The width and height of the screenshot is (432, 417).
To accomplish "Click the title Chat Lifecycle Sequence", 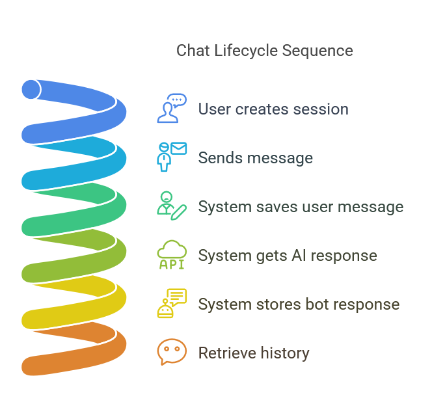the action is [265, 51].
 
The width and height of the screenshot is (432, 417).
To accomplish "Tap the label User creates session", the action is [273, 109].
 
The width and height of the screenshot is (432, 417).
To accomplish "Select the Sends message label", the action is [256, 158].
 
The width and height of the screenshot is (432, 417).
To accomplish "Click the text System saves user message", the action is [301, 207].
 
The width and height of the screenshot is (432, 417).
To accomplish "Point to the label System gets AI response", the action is [288, 256].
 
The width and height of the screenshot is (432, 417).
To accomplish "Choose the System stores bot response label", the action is [299, 304].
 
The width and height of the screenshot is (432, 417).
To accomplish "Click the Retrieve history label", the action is [254, 353].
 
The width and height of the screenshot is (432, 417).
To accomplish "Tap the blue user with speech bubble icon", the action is [172, 108].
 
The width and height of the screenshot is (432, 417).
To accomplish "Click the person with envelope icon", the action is [172, 157].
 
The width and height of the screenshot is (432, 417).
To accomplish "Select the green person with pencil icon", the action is [172, 206].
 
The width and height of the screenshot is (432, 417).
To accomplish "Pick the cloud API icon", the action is [172, 254].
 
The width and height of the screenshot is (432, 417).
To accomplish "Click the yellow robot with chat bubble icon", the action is [172, 303].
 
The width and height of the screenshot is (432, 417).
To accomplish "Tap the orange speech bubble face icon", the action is [172, 352].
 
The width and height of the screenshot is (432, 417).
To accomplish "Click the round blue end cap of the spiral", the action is [31, 90].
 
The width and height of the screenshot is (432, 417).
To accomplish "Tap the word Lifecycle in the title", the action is [246, 51].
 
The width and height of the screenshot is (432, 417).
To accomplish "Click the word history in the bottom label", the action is [285, 353].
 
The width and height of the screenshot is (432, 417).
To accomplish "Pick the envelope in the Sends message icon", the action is [178, 148].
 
